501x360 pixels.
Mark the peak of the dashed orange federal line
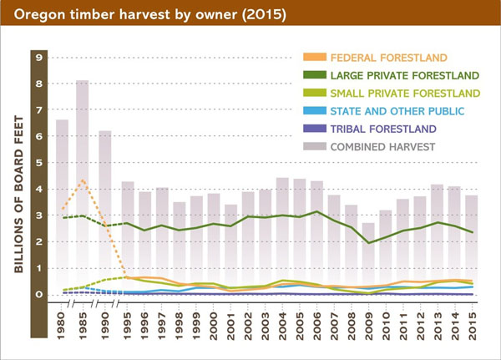83,180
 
